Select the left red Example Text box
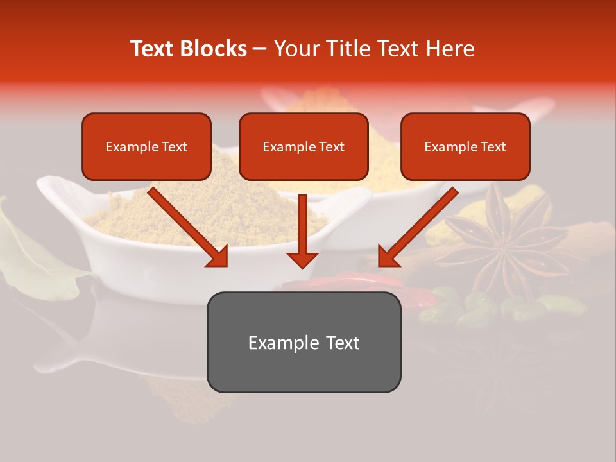pos(146,146)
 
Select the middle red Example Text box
pos(304,146)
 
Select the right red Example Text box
pos(465,146)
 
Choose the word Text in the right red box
pos(493,146)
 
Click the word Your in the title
pos(297,49)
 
